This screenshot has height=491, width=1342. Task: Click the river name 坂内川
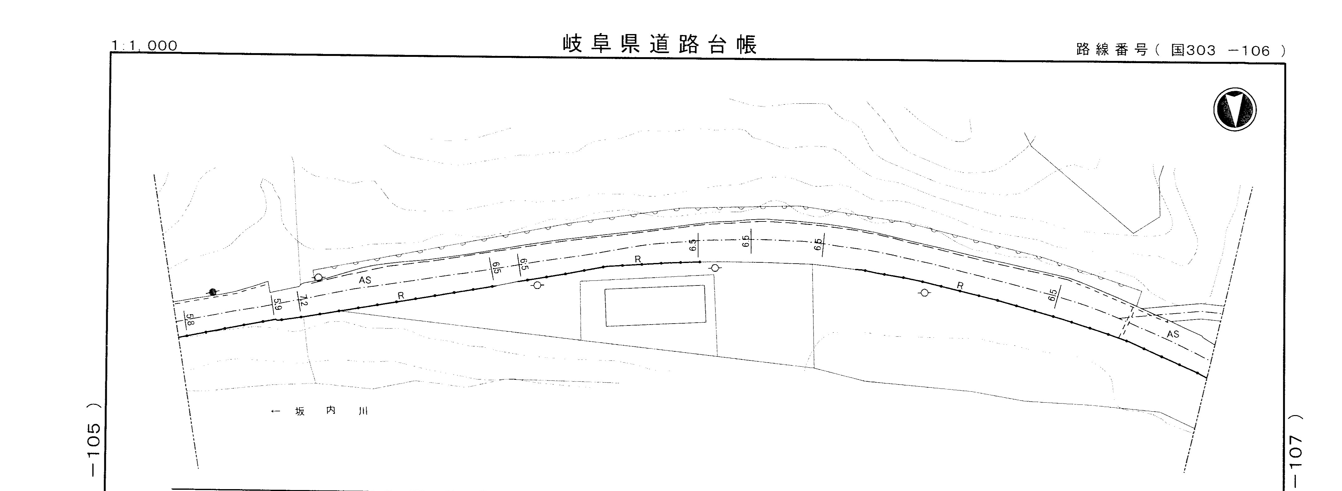click(331, 411)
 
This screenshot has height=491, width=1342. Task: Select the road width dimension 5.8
click(189, 319)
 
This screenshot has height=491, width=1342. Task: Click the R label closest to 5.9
click(400, 295)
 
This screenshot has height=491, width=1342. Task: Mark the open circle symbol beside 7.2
click(318, 278)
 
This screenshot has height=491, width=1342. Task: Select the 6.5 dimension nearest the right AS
click(1052, 295)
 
